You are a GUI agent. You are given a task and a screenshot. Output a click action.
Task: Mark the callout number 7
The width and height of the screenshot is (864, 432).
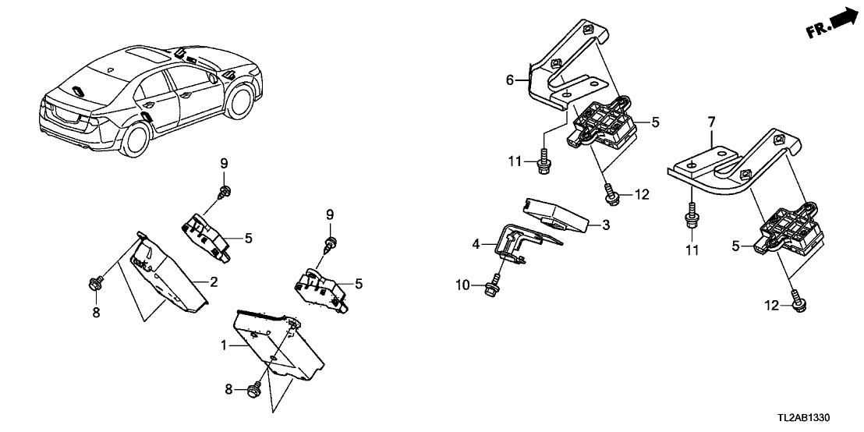coord(710,123)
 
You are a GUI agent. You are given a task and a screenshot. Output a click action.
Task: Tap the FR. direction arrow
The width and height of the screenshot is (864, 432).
coord(830,23)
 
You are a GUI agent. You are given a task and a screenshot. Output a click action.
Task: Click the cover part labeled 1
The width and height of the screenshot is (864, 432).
coord(277,343)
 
